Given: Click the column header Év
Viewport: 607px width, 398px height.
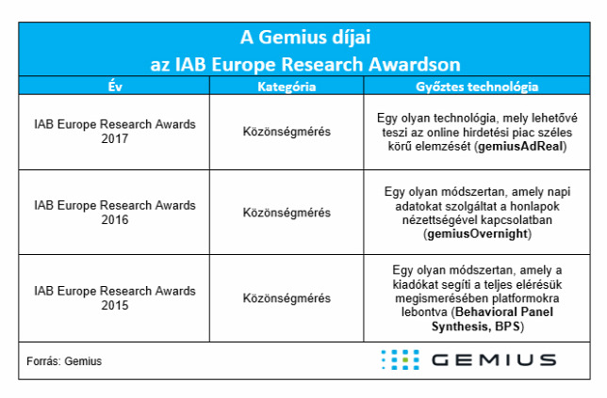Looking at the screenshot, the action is pos(115,87).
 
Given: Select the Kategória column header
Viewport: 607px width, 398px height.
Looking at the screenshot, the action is pos(287,87).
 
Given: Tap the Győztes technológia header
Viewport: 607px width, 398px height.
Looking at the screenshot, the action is pos(477,87).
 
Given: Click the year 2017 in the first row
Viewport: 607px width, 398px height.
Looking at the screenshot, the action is pos(115,138).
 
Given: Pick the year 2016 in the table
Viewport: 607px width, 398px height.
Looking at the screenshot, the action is pos(115,219).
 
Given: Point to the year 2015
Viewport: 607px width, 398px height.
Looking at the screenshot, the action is pos(115,305).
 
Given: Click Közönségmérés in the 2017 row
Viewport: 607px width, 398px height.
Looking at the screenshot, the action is pos(287,132).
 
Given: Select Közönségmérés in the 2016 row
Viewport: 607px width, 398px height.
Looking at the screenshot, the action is pos(287,213).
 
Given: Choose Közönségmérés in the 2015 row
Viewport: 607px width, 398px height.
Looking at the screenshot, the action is pos(287,298).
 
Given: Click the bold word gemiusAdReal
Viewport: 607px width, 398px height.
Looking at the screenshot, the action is pos(520,147).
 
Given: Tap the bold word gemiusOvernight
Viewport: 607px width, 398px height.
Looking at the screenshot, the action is pos(477,233).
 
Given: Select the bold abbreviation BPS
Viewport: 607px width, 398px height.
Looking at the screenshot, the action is pos(507,326).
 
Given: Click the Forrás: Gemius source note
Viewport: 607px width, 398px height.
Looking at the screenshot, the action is pos(64,361).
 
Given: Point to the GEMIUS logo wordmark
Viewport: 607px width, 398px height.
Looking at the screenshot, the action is pos(494,360).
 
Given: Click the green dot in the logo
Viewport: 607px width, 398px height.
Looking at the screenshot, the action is pos(405,360).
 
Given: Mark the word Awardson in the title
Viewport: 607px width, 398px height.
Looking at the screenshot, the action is pos(415,64).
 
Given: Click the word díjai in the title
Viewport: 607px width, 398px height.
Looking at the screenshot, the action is pos(352,38).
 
